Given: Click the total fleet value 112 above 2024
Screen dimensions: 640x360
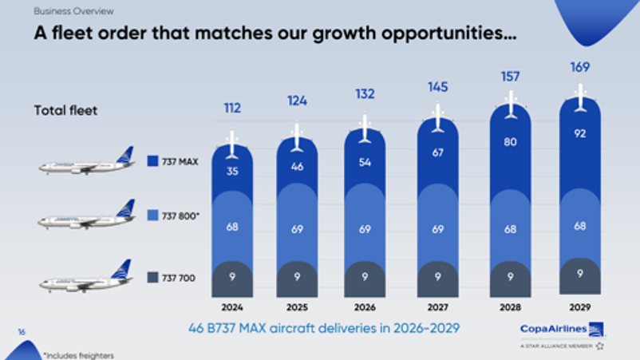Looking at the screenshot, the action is [232, 109].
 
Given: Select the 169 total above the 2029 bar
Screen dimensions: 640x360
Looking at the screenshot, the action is [580, 67].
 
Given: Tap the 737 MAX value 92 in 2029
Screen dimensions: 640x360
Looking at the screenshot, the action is [580, 133].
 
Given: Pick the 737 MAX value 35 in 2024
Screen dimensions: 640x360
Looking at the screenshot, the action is [232, 171].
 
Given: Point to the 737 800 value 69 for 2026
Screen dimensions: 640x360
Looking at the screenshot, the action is [365, 229].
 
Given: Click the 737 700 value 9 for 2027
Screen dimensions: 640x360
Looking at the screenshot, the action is [437, 277].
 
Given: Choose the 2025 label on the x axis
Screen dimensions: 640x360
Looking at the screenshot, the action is [297, 307].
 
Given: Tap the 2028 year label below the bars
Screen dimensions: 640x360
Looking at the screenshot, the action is [510, 307].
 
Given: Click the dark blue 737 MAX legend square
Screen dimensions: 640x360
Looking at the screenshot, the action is [152, 160].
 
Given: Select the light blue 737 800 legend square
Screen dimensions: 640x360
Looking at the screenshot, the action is [152, 215].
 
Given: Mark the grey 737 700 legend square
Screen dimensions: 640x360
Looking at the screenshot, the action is [152, 278].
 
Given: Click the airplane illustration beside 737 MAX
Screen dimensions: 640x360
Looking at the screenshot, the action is [86, 161].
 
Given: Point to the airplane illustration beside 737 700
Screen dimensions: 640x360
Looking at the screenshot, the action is [86, 276].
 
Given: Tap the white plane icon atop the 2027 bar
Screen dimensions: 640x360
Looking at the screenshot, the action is [437, 118].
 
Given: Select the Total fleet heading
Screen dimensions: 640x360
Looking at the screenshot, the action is [65, 111].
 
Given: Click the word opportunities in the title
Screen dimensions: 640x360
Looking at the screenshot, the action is [449, 34].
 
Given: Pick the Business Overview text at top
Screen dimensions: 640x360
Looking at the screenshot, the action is [73, 11].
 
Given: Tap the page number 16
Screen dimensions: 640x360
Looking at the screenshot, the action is [22, 332].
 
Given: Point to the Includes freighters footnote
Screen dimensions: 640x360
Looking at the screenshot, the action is [79, 355].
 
